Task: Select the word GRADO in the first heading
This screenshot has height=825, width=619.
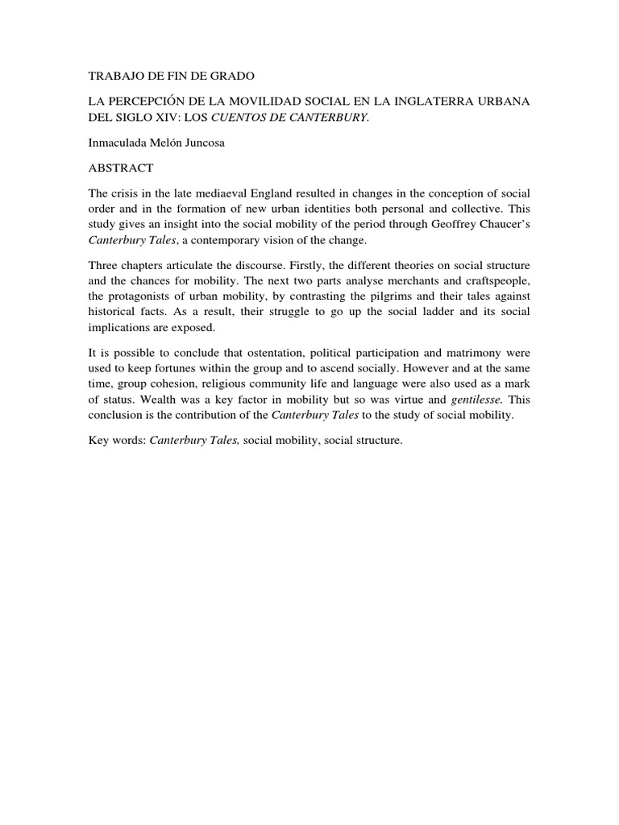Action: (x=231, y=77)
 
